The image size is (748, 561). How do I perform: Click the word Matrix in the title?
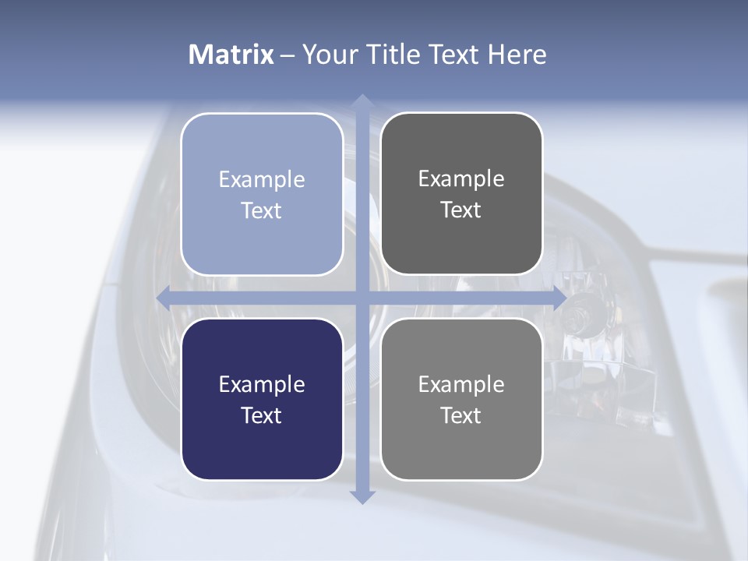231,55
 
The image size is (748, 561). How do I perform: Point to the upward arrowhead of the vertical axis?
362,101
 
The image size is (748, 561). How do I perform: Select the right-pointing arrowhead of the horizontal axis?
558,298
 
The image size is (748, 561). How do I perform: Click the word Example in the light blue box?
262,180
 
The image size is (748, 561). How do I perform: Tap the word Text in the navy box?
262,415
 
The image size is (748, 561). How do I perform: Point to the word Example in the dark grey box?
461,179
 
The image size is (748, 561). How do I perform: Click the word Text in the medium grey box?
461,415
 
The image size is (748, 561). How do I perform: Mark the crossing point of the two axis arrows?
362,298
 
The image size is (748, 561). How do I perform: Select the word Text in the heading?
453,55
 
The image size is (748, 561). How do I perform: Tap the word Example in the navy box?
262,384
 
